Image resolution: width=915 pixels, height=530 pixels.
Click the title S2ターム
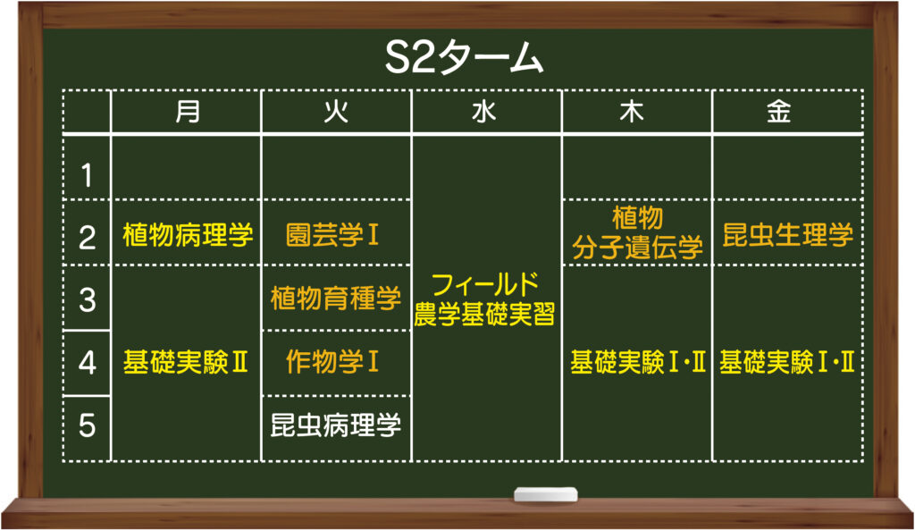pos(464,57)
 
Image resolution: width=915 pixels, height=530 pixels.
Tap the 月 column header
pos(188,111)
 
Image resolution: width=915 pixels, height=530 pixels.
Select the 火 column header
pos(336,111)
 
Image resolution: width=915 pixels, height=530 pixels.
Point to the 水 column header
pos(484,111)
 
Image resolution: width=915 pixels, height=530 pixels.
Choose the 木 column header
pos(632,111)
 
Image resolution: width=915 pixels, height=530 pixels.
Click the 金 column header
pos(779,111)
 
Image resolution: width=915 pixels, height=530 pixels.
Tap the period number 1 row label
pos(87,175)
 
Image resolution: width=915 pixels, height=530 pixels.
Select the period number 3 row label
pos(87,299)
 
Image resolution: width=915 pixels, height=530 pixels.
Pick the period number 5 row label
pos(87,425)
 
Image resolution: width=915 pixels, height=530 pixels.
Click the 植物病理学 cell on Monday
pos(188,235)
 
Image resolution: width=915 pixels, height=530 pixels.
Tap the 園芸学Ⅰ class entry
pos(332,235)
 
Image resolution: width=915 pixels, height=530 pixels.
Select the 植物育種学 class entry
pos(336,299)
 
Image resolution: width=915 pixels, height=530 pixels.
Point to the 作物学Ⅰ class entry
pos(332,361)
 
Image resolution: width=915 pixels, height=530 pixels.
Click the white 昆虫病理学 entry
pos(336,425)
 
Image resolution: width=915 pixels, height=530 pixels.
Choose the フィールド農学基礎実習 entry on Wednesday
pos(484,299)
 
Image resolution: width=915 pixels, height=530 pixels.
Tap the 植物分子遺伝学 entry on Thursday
pos(637,232)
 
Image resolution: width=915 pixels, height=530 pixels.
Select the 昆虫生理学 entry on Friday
pos(788,235)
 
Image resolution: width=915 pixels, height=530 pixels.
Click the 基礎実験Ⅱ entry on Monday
pos(186,362)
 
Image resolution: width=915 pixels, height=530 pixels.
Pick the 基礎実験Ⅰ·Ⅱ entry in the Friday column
pos(787,362)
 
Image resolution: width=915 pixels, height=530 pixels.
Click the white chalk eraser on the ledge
pos(546,494)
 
